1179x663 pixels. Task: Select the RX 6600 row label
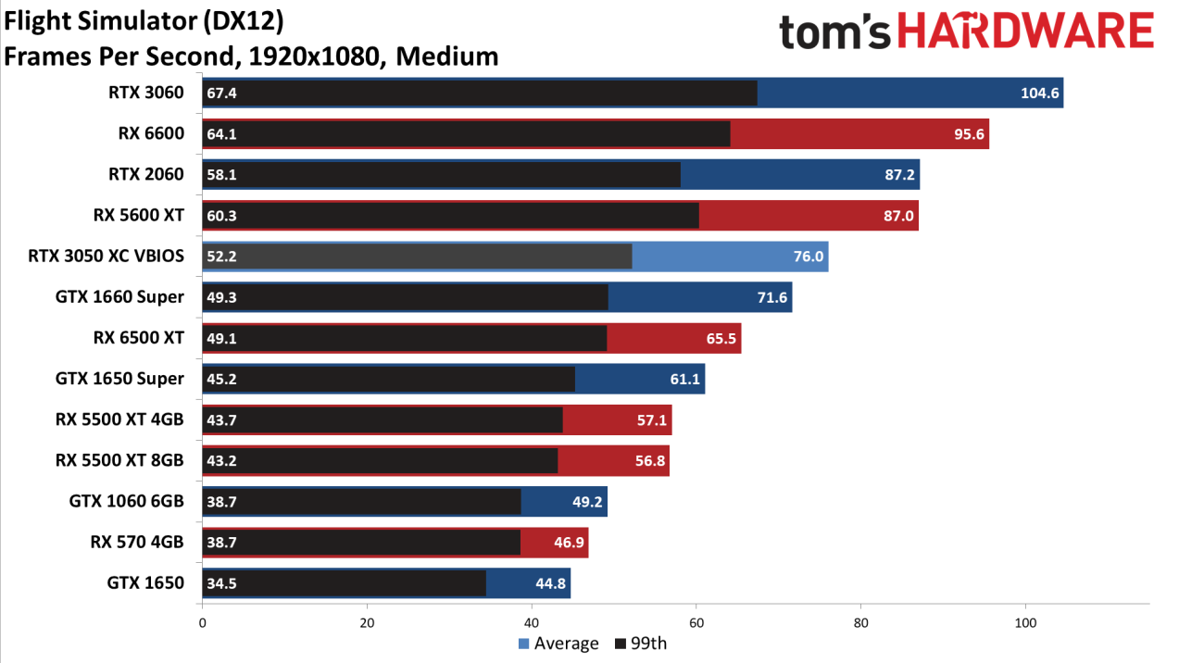[151, 133]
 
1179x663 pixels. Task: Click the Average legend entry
[558, 644]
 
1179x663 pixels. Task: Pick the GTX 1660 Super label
[119, 297]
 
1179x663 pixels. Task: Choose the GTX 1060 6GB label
[127, 501]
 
